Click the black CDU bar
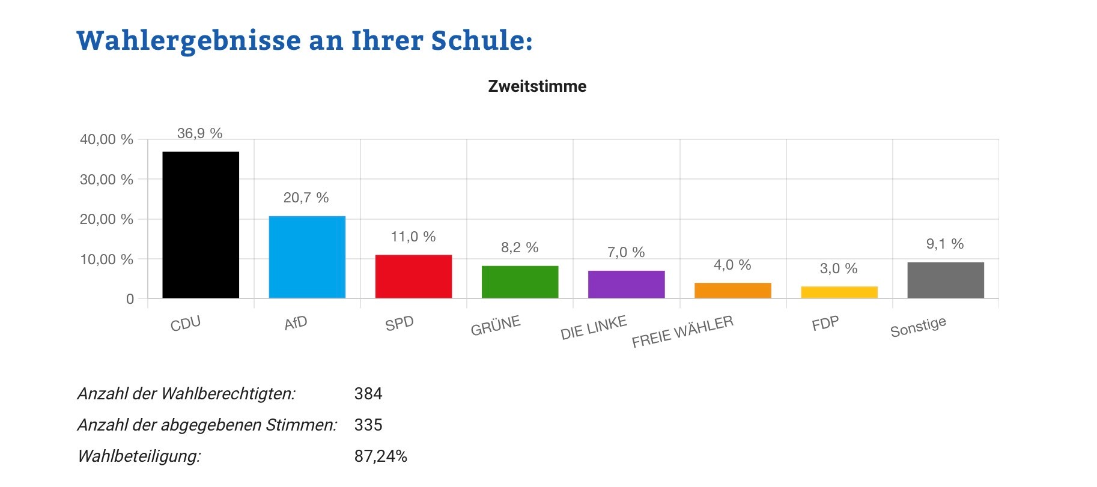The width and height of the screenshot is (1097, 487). click(201, 225)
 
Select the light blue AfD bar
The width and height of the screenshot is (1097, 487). click(307, 257)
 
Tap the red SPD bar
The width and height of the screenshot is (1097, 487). click(413, 276)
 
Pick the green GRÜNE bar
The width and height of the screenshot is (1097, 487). click(520, 282)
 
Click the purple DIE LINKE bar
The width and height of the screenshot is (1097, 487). click(626, 284)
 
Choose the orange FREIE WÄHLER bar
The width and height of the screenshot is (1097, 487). click(732, 290)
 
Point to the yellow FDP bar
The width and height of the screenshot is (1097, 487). click(839, 292)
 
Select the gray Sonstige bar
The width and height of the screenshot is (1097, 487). click(945, 280)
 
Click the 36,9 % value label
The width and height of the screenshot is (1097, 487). click(199, 133)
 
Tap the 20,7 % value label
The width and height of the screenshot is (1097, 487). click(306, 198)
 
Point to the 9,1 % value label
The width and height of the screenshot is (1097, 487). click(944, 244)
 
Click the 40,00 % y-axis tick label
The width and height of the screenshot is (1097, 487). click(106, 139)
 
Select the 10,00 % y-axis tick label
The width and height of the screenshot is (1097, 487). click(106, 259)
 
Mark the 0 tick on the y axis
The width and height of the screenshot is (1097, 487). click(130, 299)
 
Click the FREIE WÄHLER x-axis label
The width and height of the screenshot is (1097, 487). click(682, 331)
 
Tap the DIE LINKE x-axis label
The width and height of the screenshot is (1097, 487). click(594, 328)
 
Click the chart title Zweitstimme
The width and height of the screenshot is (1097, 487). click(537, 86)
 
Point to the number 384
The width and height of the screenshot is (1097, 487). click(368, 394)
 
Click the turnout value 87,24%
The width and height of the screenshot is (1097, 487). click(380, 456)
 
